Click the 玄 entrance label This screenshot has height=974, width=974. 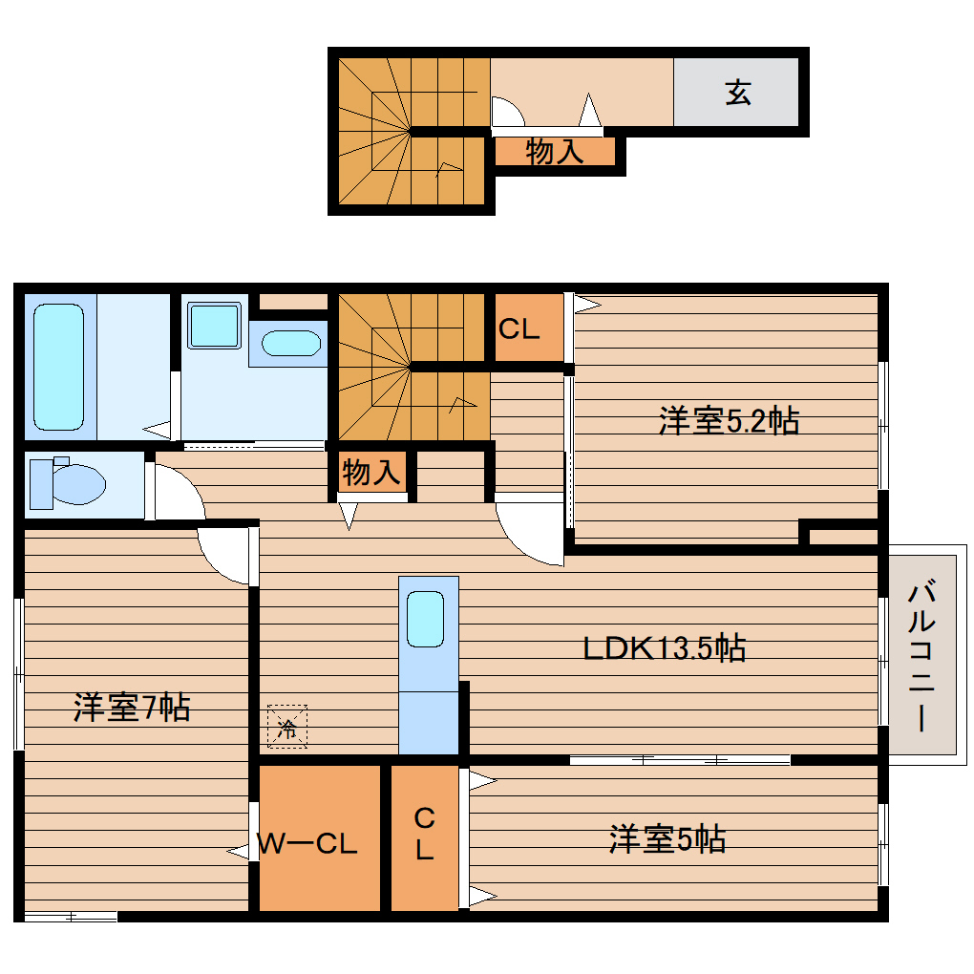(737, 93)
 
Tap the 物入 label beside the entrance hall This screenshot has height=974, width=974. (555, 151)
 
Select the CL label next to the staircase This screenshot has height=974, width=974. (519, 329)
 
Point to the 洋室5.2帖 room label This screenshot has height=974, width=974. (729, 420)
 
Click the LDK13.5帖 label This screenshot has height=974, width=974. (665, 648)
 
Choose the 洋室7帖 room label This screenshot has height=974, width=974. (132, 708)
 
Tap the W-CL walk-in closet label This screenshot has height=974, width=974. (307, 844)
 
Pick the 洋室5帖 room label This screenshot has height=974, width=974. (667, 839)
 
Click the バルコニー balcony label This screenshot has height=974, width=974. (921, 655)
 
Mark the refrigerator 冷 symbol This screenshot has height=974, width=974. (287, 728)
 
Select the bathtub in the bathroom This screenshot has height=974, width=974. (58, 366)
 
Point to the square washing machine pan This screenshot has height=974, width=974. (213, 326)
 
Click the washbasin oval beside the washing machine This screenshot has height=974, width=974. (290, 344)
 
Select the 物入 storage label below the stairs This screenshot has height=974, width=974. (371, 472)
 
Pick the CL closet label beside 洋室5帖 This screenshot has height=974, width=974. (424, 834)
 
